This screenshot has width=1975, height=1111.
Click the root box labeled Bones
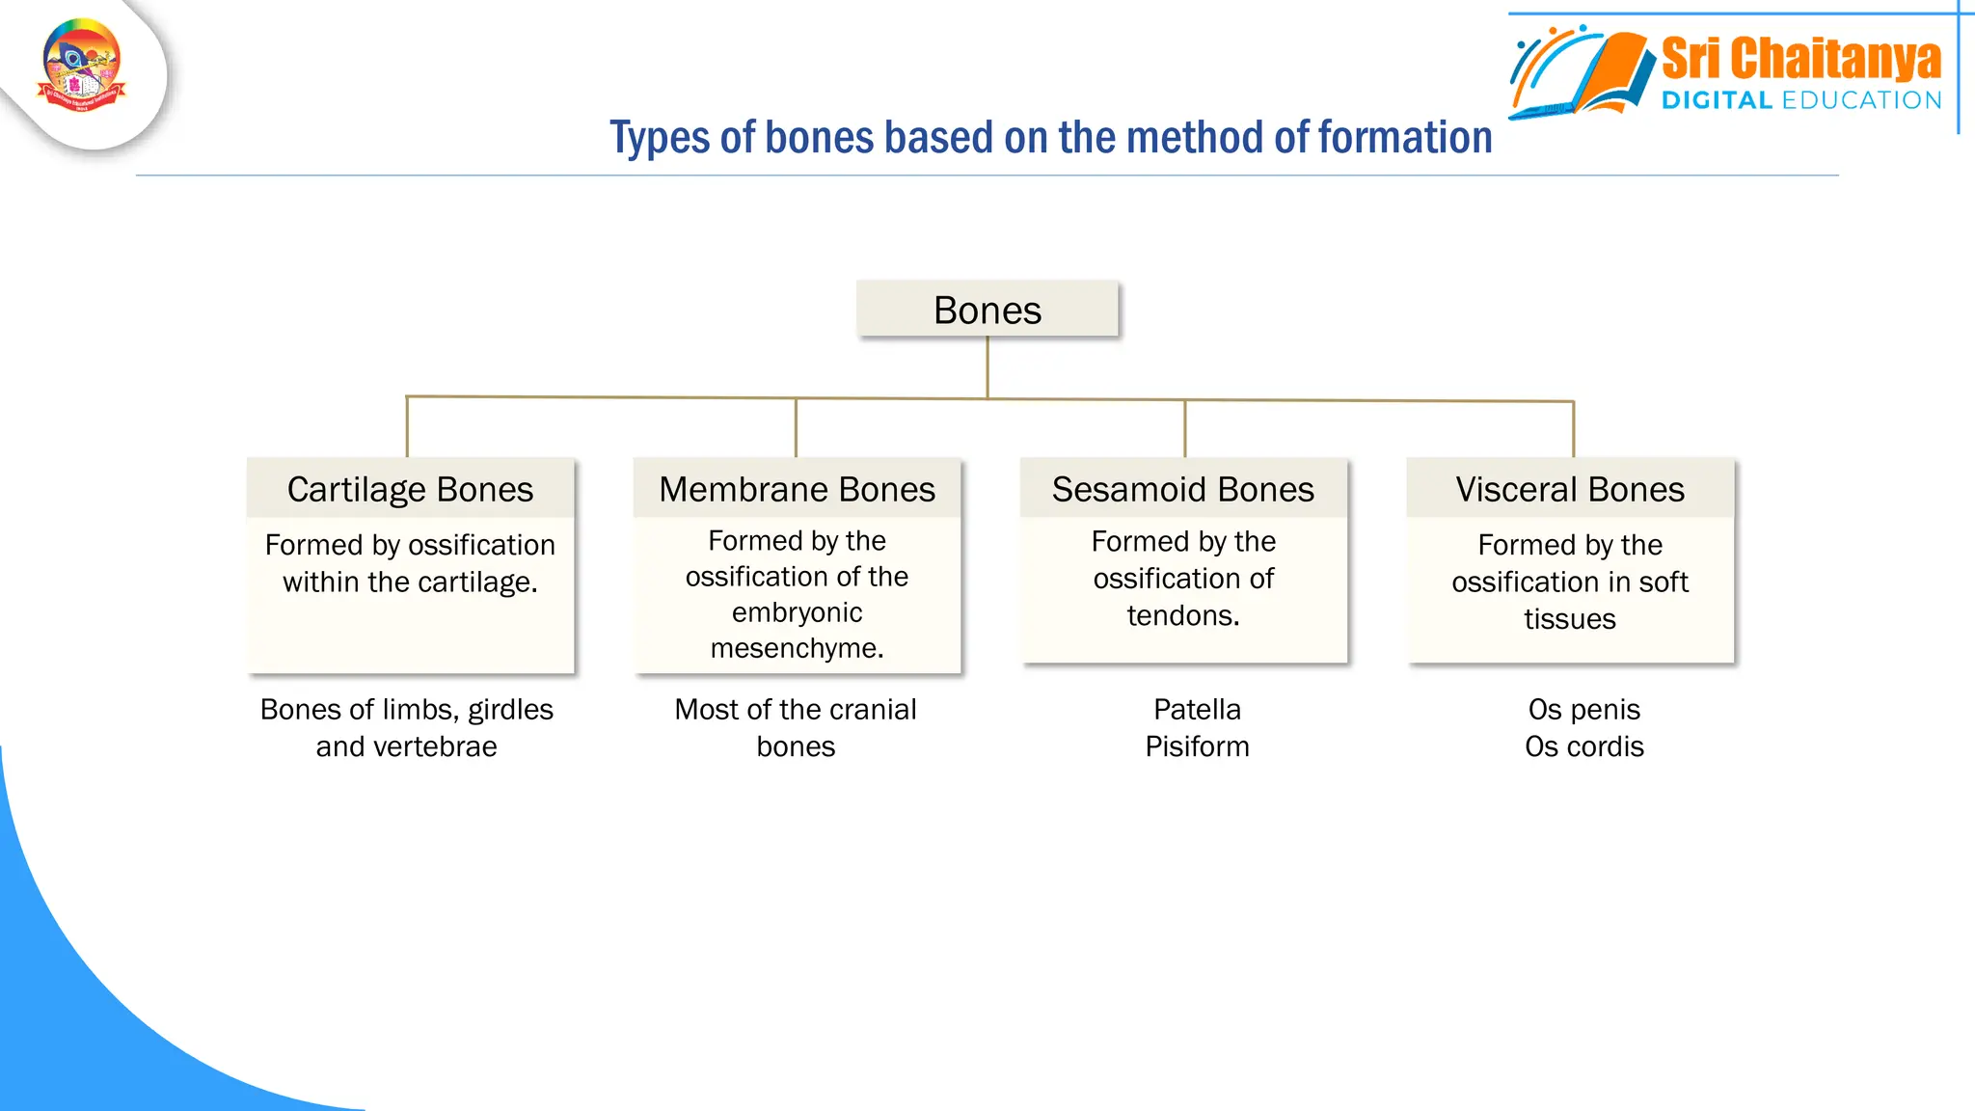point(987,311)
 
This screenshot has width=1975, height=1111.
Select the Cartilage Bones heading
point(410,489)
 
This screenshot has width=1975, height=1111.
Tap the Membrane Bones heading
point(797,489)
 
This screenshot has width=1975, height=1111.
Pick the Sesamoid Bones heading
point(1182,489)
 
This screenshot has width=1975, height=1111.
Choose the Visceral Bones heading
point(1570,489)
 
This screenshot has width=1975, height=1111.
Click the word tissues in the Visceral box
point(1569,619)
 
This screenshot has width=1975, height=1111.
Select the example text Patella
point(1197,710)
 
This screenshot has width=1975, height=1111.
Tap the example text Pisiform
point(1197,746)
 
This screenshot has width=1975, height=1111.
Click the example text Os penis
point(1583,710)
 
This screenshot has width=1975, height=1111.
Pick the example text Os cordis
point(1583,746)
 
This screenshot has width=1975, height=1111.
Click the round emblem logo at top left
point(82,66)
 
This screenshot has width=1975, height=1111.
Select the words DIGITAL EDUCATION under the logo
point(1800,100)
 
